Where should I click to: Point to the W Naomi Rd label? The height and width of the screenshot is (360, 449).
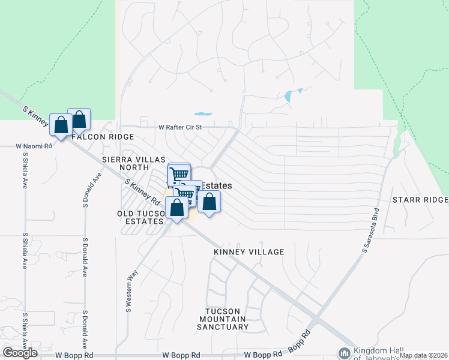click(35, 146)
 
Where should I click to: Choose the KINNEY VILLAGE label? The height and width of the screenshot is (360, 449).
click(249, 252)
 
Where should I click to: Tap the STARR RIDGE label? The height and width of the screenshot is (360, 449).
click(420, 199)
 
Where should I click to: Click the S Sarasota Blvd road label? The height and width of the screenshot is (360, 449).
click(372, 230)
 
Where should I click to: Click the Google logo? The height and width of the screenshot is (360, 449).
click(20, 353)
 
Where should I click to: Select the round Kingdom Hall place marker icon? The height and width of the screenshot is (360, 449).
click(345, 353)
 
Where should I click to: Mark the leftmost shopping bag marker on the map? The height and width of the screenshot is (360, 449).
click(61, 125)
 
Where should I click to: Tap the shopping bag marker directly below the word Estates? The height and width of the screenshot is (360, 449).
click(209, 202)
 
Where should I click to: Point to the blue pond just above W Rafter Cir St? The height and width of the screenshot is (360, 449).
click(203, 113)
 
